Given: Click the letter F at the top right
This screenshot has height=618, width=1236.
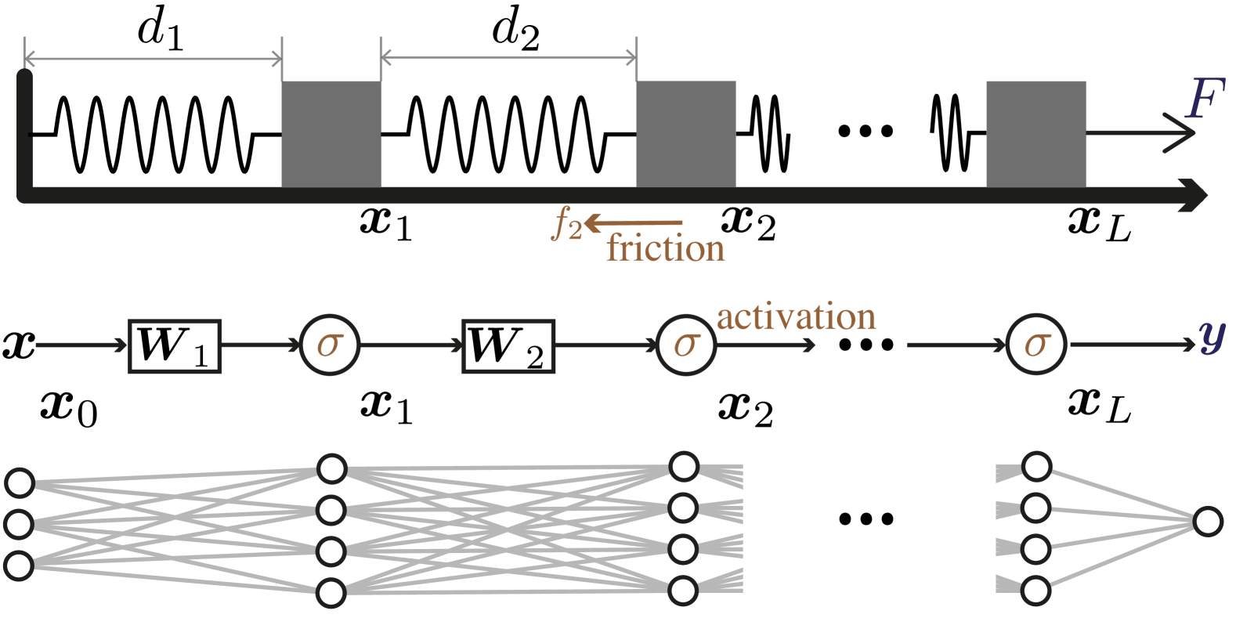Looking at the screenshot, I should point(1205,99).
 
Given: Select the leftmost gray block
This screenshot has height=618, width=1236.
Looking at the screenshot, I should point(331,134).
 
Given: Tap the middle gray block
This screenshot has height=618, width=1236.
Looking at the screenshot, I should point(685,134).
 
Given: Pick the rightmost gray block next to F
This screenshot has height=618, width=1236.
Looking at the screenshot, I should point(1035,134).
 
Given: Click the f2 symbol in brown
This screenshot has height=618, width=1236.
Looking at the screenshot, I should point(567,225).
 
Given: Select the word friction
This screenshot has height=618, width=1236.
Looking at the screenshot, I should point(665,249).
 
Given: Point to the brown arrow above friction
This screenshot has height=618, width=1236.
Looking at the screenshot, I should point(634,224).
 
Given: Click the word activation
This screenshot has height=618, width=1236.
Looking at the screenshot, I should point(796,317).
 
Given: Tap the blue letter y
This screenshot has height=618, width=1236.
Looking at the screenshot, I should point(1212,337).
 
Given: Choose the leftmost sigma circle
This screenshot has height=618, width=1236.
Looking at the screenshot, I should point(330,345).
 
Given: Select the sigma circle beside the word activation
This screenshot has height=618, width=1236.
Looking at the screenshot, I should point(686,345).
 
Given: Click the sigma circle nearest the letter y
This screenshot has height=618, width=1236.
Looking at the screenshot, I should point(1036,345).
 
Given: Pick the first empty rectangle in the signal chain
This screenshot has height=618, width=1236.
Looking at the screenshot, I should point(175,345).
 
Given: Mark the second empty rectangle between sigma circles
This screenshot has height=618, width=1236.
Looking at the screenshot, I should point(509,345).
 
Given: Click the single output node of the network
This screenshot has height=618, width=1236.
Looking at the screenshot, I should point(1207,522).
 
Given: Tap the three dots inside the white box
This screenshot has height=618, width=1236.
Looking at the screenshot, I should point(866,519).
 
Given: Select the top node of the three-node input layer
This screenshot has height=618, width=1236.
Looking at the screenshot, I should point(19,482).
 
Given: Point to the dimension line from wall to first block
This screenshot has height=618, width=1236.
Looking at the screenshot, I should point(153,59).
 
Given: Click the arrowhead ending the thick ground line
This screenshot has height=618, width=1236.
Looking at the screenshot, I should point(1198,195).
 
